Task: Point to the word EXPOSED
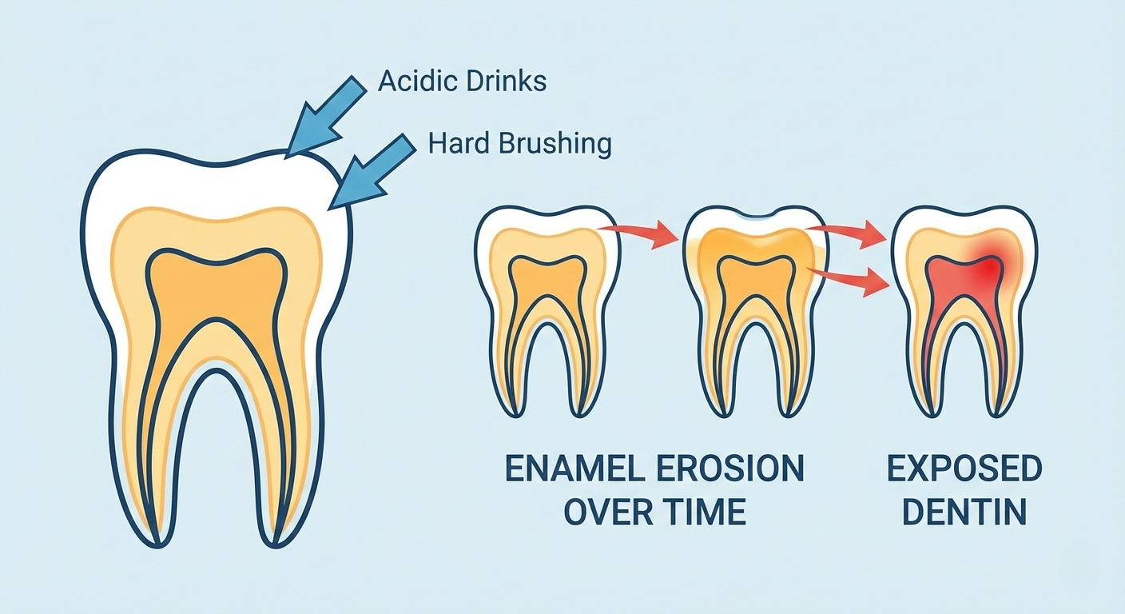pyautogui.click(x=964, y=469)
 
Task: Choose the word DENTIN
pyautogui.click(x=964, y=512)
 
